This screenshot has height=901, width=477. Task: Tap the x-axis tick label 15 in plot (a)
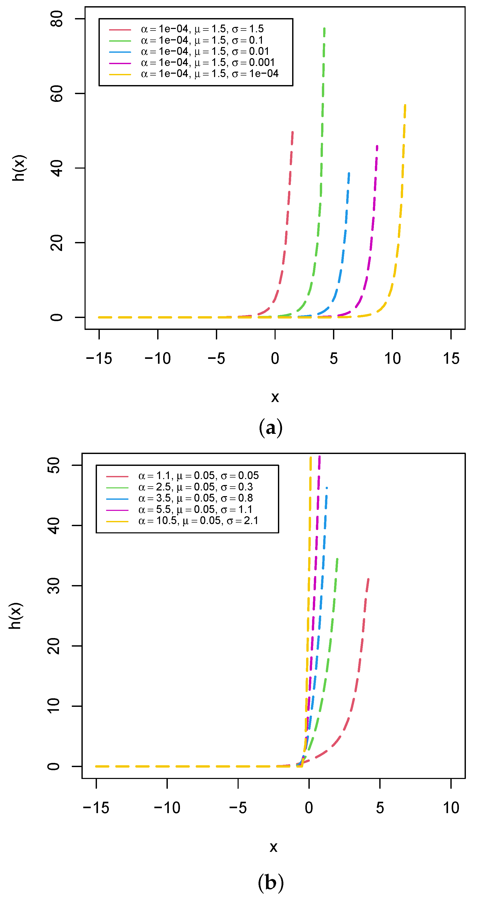pyautogui.click(x=451, y=359)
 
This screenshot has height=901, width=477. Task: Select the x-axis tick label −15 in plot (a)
pyautogui.click(x=99, y=359)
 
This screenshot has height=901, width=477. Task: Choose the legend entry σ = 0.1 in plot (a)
pyautogui.click(x=202, y=40)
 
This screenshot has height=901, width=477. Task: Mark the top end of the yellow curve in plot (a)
pyautogui.click(x=405, y=105)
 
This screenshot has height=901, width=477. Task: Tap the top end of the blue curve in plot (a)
pyautogui.click(x=349, y=173)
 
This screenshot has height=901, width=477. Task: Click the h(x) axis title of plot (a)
pyautogui.click(x=19, y=168)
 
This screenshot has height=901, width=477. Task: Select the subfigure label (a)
pyautogui.click(x=270, y=427)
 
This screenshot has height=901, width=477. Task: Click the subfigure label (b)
pyautogui.click(x=270, y=882)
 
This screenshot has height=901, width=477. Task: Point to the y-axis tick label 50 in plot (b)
pyautogui.click(x=53, y=465)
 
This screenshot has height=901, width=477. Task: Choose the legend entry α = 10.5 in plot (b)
pyautogui.click(x=198, y=521)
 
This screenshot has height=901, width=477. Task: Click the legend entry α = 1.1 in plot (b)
pyautogui.click(x=198, y=476)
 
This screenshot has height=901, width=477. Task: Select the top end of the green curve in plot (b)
pyautogui.click(x=337, y=559)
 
